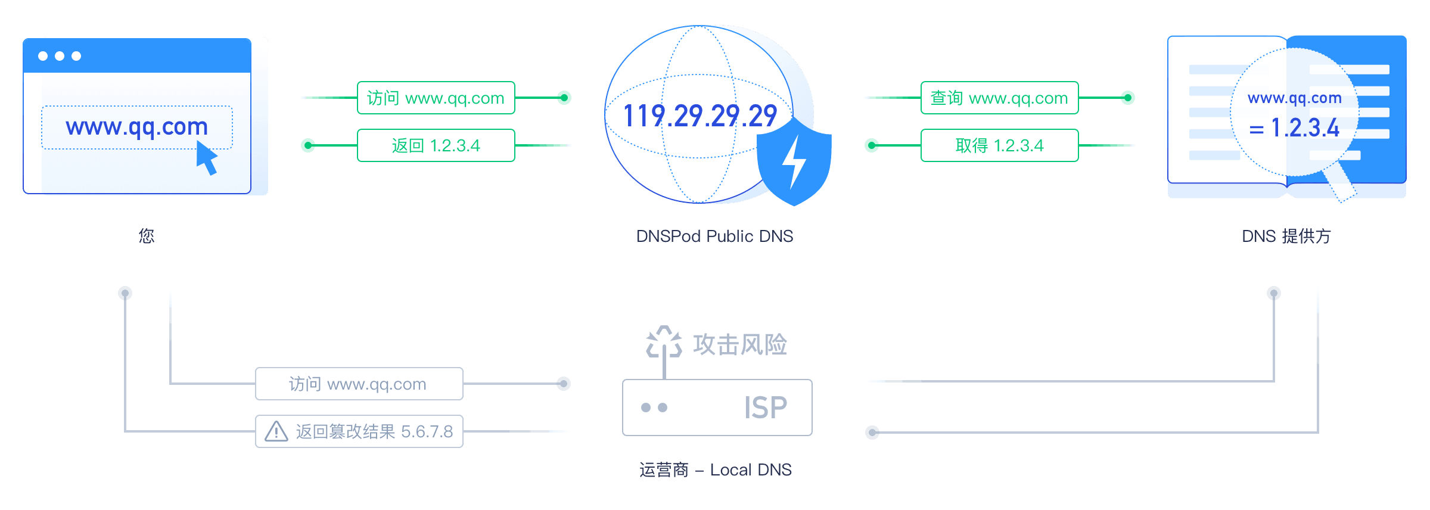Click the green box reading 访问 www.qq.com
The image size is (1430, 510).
pos(436,98)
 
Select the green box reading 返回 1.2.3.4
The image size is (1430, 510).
pos(436,145)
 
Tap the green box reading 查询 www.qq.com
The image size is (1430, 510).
pos(1000,98)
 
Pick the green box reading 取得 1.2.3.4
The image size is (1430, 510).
pos(1000,145)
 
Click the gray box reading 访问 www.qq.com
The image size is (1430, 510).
pos(359,384)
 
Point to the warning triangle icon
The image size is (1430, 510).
pos(276,431)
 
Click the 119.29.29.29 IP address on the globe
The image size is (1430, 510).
pos(700,116)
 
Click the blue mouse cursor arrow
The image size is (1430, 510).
pos(206,158)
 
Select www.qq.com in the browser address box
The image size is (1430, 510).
pos(137,128)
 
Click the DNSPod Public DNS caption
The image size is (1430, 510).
pos(714,237)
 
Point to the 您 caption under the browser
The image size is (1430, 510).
pos(147,237)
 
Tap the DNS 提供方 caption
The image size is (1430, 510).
pos(1286,237)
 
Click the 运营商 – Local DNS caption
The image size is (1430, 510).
pos(716,470)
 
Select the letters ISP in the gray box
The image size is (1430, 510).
pos(766,408)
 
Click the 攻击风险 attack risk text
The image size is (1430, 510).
pos(740,345)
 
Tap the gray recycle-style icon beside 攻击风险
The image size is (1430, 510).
pos(664,342)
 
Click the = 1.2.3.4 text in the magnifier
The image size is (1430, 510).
pos(1294,128)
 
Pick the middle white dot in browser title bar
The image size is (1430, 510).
pos(60,56)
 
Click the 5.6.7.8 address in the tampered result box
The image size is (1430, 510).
pos(427,431)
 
